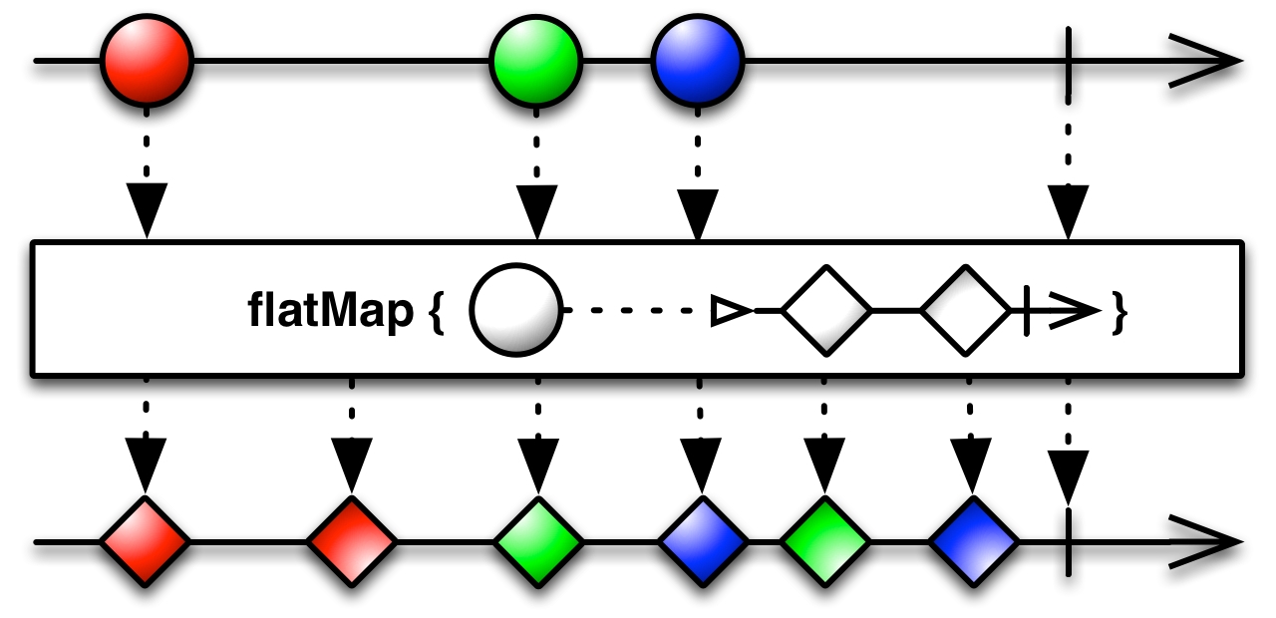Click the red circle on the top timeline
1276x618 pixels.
pyautogui.click(x=146, y=62)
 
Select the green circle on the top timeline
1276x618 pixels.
pyautogui.click(x=535, y=62)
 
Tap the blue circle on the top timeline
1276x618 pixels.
pyautogui.click(x=698, y=62)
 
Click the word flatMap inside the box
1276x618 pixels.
pyautogui.click(x=330, y=312)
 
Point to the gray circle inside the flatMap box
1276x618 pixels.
pyautogui.click(x=515, y=311)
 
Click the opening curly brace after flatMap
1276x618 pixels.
pyautogui.click(x=436, y=313)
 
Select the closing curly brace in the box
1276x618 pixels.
pyautogui.click(x=1119, y=313)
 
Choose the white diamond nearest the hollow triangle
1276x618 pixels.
pyautogui.click(x=826, y=311)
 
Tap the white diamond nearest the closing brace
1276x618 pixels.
pyautogui.click(x=965, y=311)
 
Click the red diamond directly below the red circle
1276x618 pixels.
pyautogui.click(x=146, y=542)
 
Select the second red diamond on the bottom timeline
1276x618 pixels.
pyautogui.click(x=352, y=542)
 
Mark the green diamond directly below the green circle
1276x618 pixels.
pyautogui.click(x=538, y=542)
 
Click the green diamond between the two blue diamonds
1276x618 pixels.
pyautogui.click(x=824, y=542)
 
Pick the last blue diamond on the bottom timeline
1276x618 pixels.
pyautogui.click(x=973, y=542)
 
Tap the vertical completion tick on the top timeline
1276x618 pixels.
pyautogui.click(x=1068, y=62)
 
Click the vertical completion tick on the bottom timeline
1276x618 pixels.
pyautogui.click(x=1068, y=542)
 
